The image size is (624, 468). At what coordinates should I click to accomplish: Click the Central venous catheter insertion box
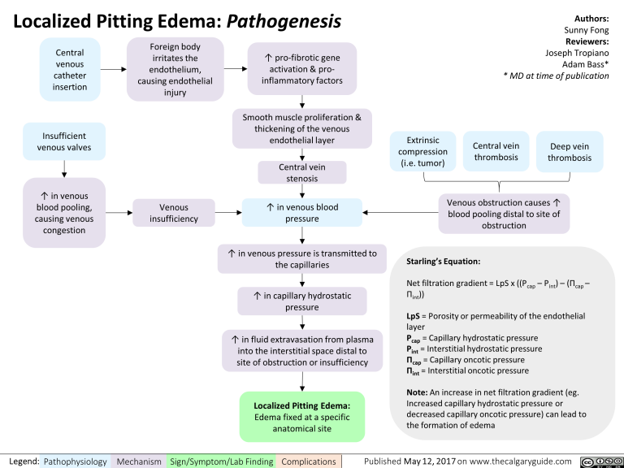(x=71, y=70)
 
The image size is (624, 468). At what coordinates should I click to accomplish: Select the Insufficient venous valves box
(x=63, y=141)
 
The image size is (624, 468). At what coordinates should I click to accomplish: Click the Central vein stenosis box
(x=301, y=173)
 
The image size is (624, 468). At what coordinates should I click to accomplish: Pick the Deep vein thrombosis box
(x=570, y=152)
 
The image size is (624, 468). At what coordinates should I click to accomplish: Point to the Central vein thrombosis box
(x=496, y=152)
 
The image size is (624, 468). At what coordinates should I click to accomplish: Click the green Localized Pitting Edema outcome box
(x=301, y=417)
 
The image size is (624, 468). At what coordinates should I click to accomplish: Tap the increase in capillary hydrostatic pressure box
(x=301, y=301)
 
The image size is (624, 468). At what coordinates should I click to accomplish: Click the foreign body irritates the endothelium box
(x=175, y=70)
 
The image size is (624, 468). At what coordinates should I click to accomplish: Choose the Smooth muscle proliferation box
(x=301, y=128)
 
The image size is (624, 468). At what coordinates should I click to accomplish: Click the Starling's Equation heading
(x=443, y=262)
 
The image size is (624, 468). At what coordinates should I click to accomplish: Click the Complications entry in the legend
(x=308, y=461)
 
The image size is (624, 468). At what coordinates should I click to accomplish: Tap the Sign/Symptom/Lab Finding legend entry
(x=220, y=461)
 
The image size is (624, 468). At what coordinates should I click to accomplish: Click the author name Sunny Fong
(x=587, y=30)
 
